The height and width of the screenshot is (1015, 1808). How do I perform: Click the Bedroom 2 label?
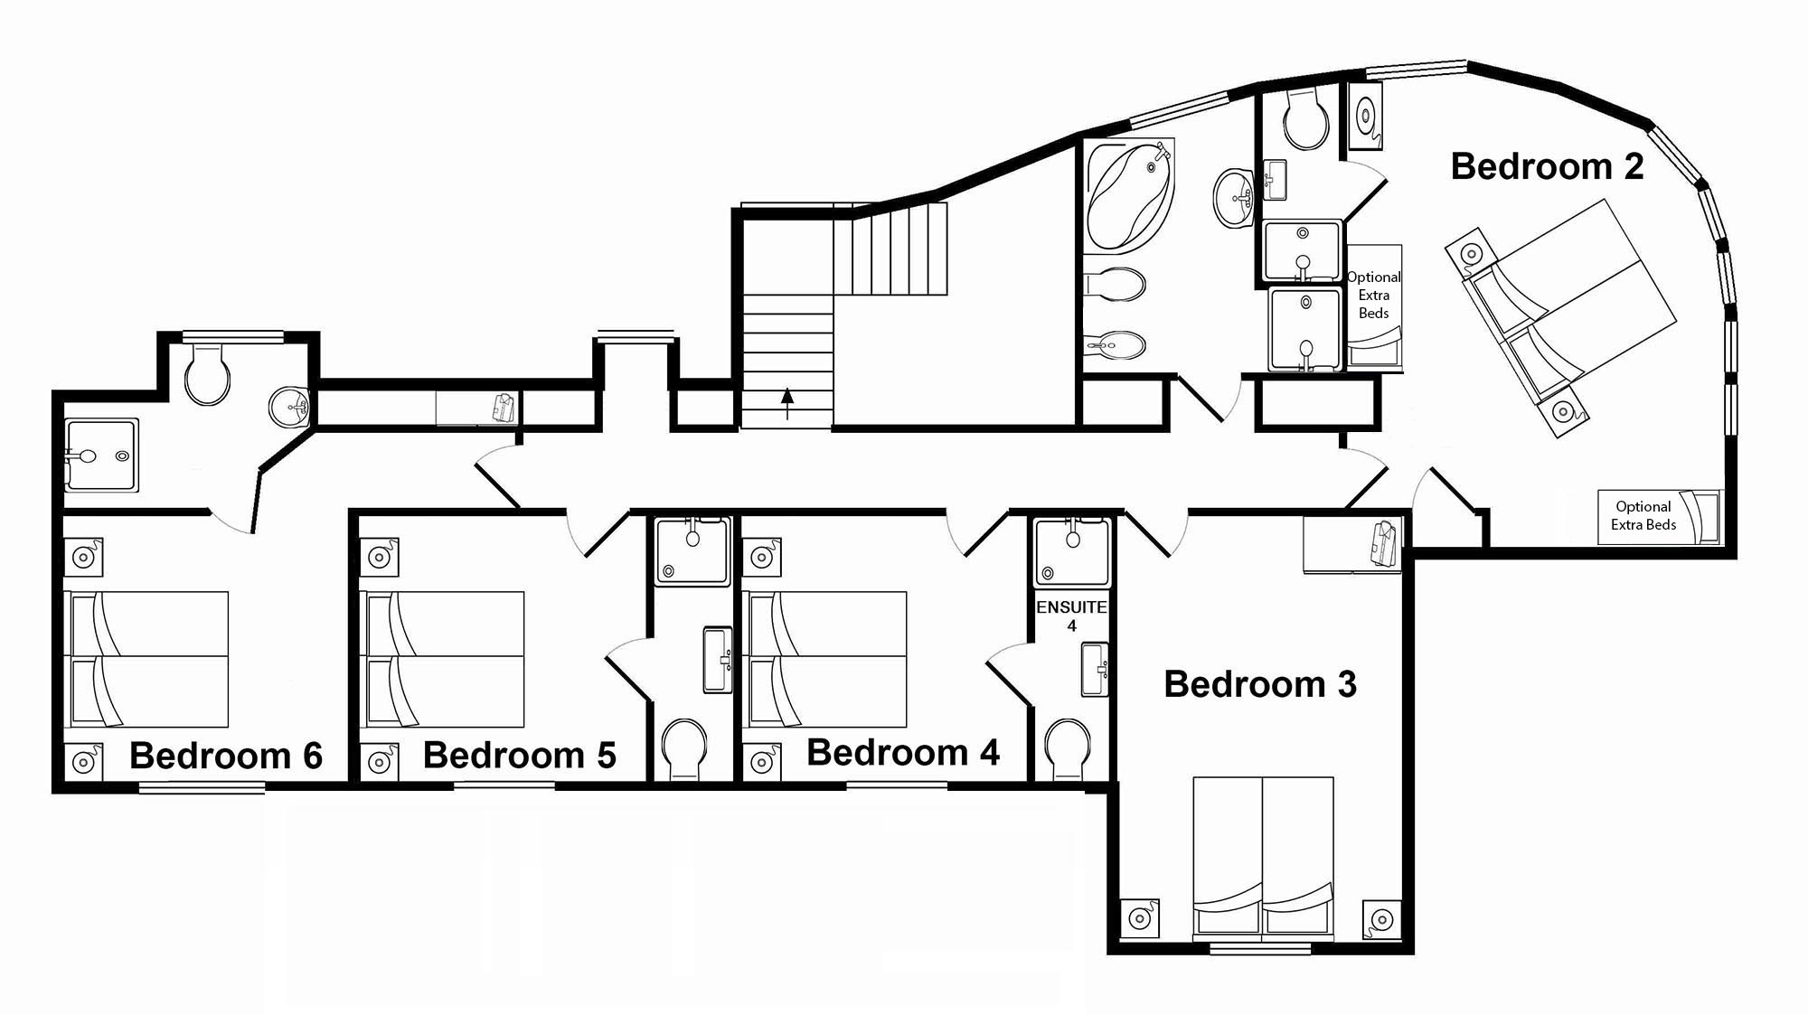pyautogui.click(x=1547, y=166)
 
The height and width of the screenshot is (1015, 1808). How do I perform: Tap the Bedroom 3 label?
pyautogui.click(x=1260, y=684)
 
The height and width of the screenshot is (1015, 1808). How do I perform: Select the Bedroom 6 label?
pyautogui.click(x=226, y=756)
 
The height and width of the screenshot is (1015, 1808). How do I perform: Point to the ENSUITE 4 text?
pyautogui.click(x=1071, y=616)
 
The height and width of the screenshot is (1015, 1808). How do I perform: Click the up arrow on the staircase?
pyautogui.click(x=787, y=403)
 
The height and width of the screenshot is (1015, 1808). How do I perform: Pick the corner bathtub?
pyautogui.click(x=1129, y=194)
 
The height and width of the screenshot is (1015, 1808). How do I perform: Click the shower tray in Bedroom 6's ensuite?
pyautogui.click(x=101, y=455)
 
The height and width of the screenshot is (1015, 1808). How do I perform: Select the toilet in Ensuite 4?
pyautogui.click(x=1068, y=748)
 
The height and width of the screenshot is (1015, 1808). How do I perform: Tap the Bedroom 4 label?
pyautogui.click(x=903, y=753)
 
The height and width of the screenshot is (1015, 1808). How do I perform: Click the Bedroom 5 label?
pyautogui.click(x=520, y=756)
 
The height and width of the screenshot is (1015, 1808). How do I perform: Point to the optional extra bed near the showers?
pyautogui.click(x=1374, y=306)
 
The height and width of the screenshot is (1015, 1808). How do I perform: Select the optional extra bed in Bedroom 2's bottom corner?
pyautogui.click(x=1659, y=516)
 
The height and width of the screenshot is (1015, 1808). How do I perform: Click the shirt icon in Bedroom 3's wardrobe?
pyautogui.click(x=1385, y=542)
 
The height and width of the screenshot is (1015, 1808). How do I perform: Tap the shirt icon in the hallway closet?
pyautogui.click(x=504, y=408)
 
